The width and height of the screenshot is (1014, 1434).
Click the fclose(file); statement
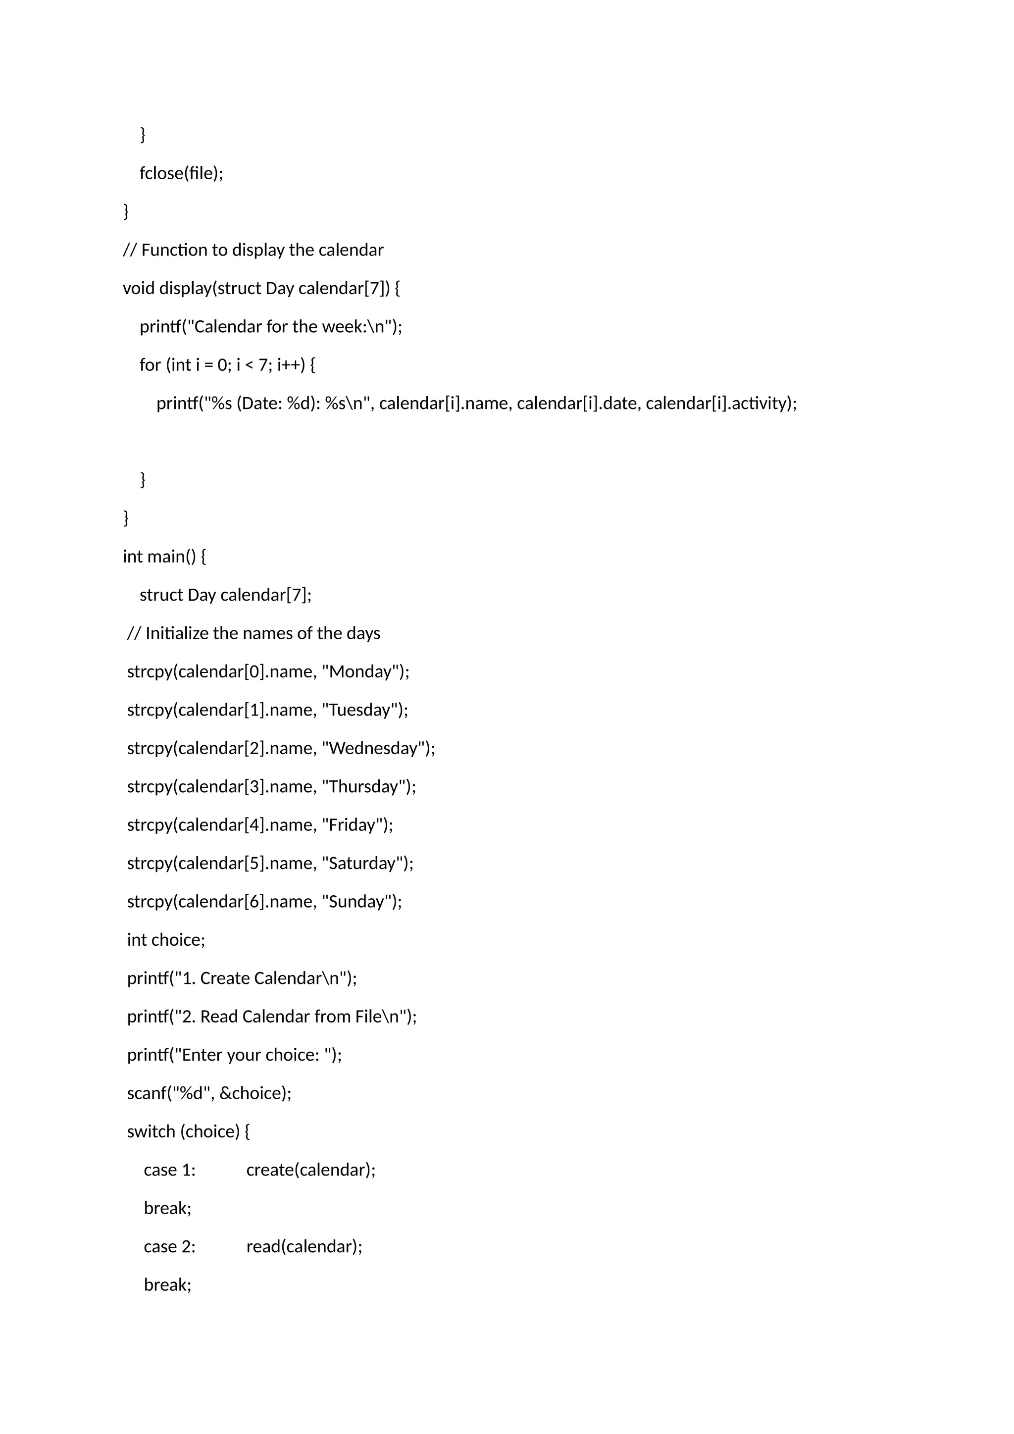click(x=181, y=173)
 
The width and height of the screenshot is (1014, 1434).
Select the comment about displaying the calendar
click(x=253, y=250)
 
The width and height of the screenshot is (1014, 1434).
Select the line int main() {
click(x=164, y=557)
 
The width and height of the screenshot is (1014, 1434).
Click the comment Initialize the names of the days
click(x=253, y=633)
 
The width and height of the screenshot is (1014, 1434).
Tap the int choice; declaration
click(x=166, y=940)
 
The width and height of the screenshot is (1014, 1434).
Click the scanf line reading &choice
click(x=209, y=1093)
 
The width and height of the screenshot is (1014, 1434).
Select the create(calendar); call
click(x=311, y=1170)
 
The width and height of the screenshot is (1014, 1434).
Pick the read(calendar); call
click(x=304, y=1247)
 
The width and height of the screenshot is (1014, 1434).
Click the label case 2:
click(x=169, y=1247)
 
